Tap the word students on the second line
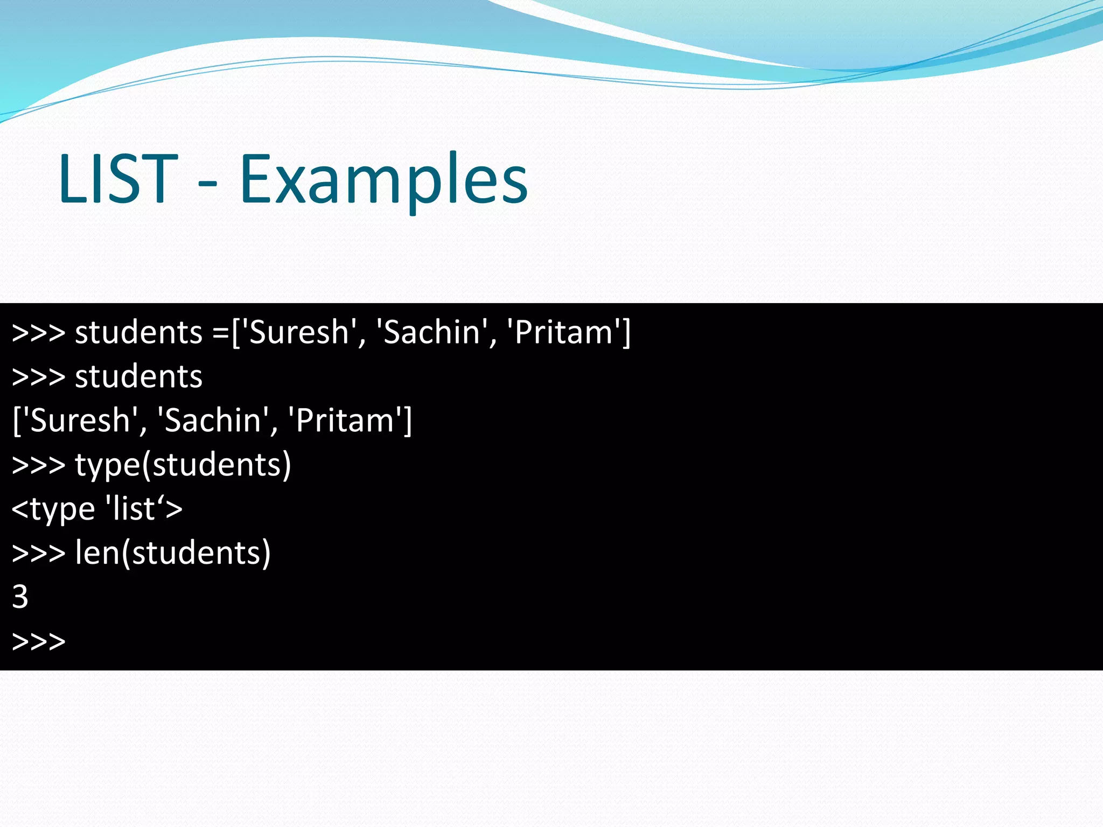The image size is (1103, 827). click(138, 376)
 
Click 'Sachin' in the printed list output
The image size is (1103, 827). click(213, 420)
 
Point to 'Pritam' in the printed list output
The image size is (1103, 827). click(345, 420)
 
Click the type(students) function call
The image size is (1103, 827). click(183, 465)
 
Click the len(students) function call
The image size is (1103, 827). click(173, 553)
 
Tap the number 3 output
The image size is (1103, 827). click(20, 597)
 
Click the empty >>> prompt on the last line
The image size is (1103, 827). click(38, 641)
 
